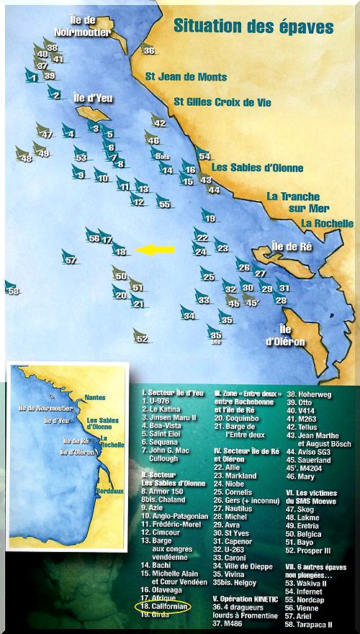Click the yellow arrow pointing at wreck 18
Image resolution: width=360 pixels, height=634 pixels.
(x=156, y=250)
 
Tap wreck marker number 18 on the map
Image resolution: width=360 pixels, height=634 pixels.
(x=120, y=250)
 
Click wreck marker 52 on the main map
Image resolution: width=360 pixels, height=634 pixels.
(x=140, y=336)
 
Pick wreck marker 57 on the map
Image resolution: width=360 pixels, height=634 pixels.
(x=69, y=258)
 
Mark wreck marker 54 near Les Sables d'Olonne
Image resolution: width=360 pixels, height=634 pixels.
(x=204, y=154)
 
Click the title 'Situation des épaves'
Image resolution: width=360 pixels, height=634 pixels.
(x=253, y=28)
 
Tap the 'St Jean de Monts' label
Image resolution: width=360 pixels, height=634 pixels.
(x=186, y=76)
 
